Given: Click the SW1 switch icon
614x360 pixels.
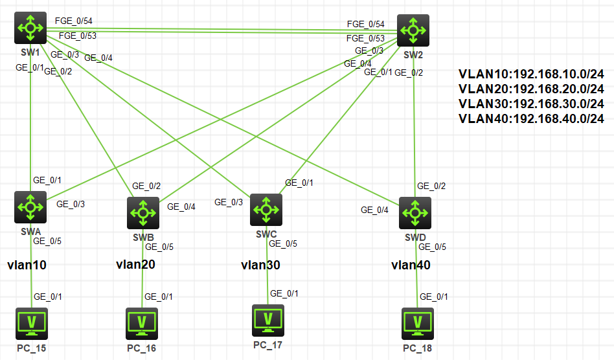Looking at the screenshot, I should click(x=30, y=28).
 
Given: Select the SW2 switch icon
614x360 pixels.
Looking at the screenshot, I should click(x=413, y=30).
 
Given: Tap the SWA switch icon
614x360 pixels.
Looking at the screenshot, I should click(x=30, y=207).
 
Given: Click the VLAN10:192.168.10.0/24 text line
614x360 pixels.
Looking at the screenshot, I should click(x=531, y=74).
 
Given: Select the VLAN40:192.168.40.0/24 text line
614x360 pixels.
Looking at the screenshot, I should click(x=531, y=118).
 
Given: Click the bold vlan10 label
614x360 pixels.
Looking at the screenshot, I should click(x=27, y=265).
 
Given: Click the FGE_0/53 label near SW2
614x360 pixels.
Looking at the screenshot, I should click(x=365, y=38).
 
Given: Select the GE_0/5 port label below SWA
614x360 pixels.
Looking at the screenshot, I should click(x=47, y=241).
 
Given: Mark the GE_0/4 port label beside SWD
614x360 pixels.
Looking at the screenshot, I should click(x=375, y=210).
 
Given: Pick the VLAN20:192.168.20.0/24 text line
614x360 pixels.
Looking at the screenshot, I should click(x=531, y=89).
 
